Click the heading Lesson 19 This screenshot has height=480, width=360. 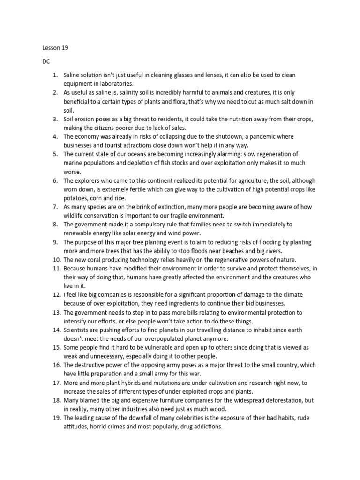click(52, 48)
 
